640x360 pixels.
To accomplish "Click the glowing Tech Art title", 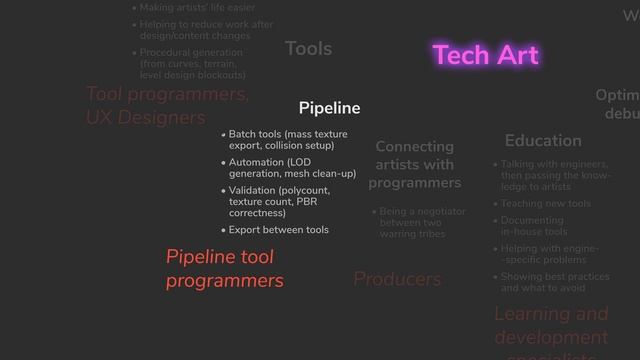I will click(x=486, y=55).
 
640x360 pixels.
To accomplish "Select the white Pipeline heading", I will click(x=329, y=108).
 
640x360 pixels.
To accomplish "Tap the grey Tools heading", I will click(x=308, y=48).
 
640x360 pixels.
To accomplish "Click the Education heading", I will click(x=543, y=140).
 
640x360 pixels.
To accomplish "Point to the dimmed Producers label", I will click(x=397, y=279).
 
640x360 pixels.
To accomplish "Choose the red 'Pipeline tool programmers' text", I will click(x=224, y=269).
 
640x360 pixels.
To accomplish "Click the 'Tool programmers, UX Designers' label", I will click(x=167, y=106).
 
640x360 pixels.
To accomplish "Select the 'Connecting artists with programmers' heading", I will click(x=414, y=165).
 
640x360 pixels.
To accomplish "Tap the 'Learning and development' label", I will click(x=550, y=325).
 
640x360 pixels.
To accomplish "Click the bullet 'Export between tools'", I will click(x=278, y=230).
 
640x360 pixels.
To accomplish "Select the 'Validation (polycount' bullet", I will click(x=279, y=201).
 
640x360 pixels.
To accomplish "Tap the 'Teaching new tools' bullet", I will click(x=545, y=204).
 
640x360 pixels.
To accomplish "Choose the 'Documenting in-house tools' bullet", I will click(x=533, y=226).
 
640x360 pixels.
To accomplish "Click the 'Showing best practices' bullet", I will click(x=555, y=282).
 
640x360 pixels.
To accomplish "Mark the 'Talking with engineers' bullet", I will click(x=555, y=175).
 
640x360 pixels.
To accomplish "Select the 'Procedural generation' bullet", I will click(x=192, y=63).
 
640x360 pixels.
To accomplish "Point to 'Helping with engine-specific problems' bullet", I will click(x=549, y=254).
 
